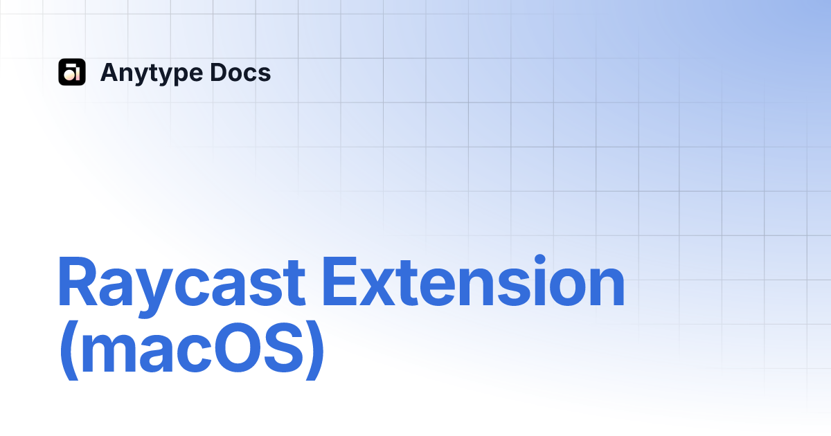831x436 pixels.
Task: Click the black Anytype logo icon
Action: [x=72, y=72]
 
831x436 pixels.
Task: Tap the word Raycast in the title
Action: [x=181, y=284]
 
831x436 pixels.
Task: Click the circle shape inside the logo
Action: [x=69, y=75]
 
